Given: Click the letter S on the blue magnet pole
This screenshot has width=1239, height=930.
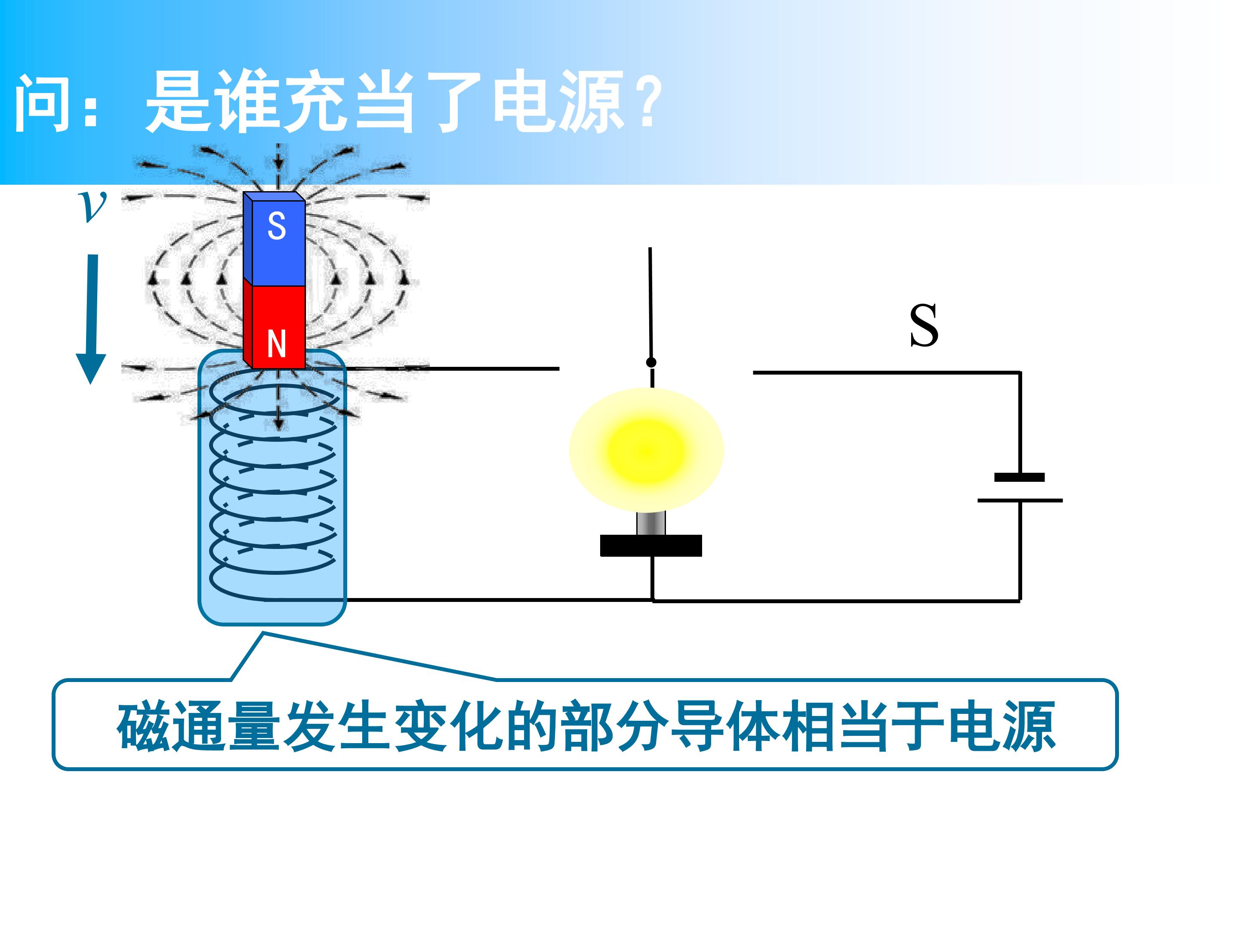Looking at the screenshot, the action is pyautogui.click(x=277, y=226).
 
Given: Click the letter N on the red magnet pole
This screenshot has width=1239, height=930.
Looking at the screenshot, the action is pyautogui.click(x=277, y=344).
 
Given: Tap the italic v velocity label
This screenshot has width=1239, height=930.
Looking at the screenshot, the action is pyautogui.click(x=92, y=206).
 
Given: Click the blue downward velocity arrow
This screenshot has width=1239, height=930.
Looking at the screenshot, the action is pyautogui.click(x=91, y=319).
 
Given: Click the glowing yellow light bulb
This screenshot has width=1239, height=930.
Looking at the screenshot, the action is pyautogui.click(x=646, y=449).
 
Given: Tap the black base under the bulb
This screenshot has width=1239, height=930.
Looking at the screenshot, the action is pyautogui.click(x=651, y=546).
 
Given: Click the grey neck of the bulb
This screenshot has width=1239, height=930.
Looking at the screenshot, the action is pyautogui.click(x=651, y=524).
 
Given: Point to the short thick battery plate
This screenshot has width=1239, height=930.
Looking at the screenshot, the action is pyautogui.click(x=1020, y=477).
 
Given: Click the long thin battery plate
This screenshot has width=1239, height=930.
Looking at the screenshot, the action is pyautogui.click(x=1020, y=500).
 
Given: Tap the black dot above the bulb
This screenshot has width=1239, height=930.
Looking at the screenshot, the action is pyautogui.click(x=651, y=362).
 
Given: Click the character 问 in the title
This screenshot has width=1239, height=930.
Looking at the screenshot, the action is pyautogui.click(x=45, y=103).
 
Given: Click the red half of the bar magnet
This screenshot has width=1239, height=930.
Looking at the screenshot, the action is pyautogui.click(x=274, y=324).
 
